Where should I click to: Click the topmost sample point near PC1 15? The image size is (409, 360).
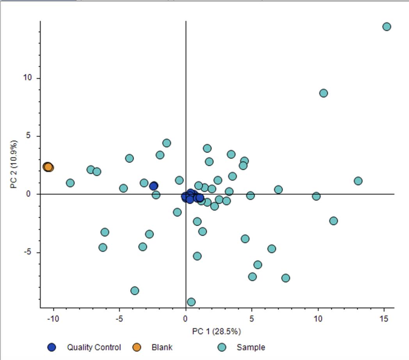coord(387,27)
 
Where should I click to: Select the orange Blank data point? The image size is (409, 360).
coord(48,167)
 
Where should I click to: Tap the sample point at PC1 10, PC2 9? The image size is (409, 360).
coord(324,93)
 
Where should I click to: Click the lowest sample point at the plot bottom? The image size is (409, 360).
coord(191,302)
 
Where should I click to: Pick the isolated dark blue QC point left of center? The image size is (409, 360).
coord(154,186)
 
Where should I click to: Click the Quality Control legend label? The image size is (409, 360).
coord(94,347)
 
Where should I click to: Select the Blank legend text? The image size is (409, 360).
coord(162,347)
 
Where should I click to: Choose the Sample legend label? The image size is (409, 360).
coord(251,347)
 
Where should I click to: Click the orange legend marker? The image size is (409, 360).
coord(137,347)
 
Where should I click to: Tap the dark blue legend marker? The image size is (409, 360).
coord(52,347)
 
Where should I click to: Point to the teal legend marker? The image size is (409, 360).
coord(222,347)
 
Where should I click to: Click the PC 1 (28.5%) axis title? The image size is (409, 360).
coord(217,331)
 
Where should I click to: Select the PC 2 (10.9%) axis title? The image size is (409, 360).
coord(14,164)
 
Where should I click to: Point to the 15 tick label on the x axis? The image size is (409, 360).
coord(384,319)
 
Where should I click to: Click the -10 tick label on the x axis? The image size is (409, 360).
coord(53,319)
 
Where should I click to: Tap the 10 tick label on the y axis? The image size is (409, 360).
coord(27,78)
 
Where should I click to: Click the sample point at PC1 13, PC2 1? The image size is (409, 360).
coord(358,181)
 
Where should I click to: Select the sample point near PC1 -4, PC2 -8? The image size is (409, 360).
coord(135,290)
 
